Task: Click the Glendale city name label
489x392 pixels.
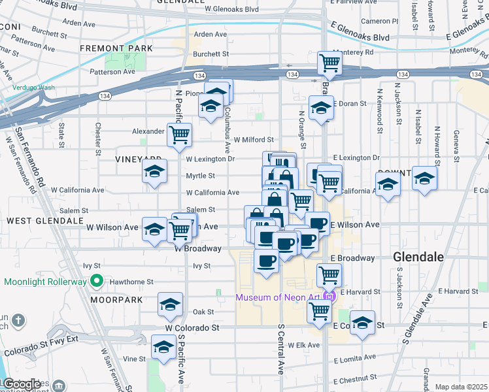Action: click(419, 257)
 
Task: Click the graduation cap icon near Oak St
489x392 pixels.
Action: click(170, 305)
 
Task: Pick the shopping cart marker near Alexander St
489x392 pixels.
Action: click(179, 135)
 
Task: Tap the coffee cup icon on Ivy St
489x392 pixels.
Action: click(265, 261)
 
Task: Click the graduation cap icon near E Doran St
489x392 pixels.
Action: click(321, 108)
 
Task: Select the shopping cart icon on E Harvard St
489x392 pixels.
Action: click(329, 274)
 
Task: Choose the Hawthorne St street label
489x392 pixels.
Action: click(131, 282)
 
